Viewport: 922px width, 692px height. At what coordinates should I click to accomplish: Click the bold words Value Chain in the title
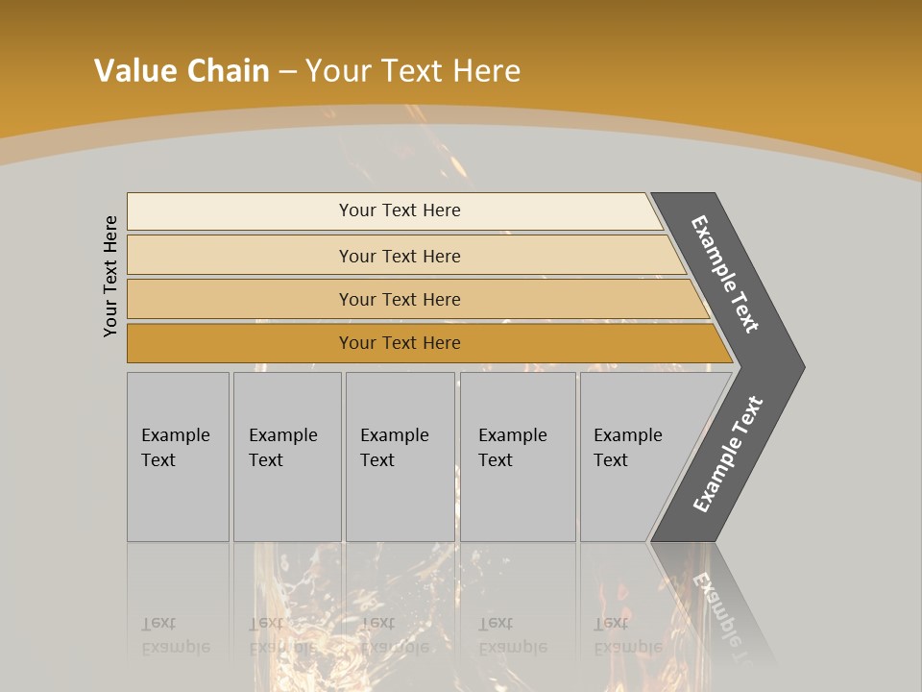[182, 71]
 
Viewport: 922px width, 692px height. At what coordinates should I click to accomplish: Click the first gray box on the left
[178, 500]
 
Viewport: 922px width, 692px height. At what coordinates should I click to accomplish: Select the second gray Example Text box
[286, 500]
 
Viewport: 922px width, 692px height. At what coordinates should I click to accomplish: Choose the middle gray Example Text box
[400, 500]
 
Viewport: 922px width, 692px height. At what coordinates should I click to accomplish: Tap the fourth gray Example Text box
[517, 500]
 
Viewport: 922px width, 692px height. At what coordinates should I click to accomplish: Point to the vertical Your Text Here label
[110, 277]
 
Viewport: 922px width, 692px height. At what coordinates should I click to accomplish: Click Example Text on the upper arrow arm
[725, 274]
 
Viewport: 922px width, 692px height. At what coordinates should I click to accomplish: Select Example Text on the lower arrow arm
[728, 455]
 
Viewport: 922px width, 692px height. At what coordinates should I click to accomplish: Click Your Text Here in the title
[413, 71]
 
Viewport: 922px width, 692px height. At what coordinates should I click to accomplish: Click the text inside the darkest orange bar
[400, 343]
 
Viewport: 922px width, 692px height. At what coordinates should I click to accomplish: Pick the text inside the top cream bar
[400, 210]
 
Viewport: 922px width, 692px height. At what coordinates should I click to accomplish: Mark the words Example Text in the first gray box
[175, 448]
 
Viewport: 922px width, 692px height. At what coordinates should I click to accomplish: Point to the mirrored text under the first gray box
[175, 636]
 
